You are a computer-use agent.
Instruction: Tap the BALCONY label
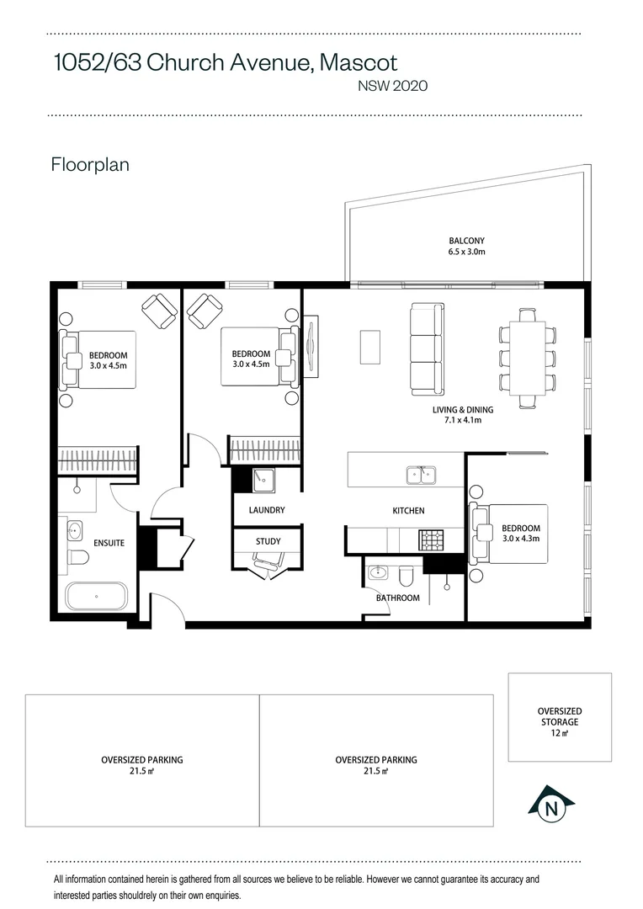(x=466, y=240)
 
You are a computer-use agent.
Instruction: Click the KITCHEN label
(x=408, y=511)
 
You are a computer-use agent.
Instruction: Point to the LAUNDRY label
(x=267, y=510)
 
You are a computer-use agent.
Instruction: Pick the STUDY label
(x=268, y=541)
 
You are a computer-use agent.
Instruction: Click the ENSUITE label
(x=108, y=543)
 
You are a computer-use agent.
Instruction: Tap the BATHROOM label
(x=397, y=598)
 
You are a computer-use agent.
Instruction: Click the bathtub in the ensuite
(x=97, y=596)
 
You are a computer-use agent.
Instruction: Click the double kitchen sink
(x=421, y=476)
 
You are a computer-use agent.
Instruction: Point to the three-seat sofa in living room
(x=426, y=349)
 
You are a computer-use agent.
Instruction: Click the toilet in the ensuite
(x=78, y=557)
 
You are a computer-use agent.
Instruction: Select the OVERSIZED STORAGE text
(x=560, y=717)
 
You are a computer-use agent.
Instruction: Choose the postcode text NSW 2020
(x=393, y=85)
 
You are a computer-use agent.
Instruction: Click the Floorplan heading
(x=90, y=164)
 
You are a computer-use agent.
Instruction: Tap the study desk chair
(x=268, y=571)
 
